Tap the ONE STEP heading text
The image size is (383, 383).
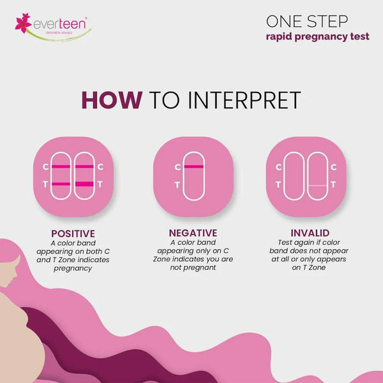coord(303,21)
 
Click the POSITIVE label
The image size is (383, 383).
coord(73,234)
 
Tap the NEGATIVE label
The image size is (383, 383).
coord(192,234)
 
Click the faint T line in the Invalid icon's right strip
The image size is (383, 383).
coord(317,185)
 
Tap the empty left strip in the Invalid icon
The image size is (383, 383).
coord(294,176)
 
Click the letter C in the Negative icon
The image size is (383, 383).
coord(177,167)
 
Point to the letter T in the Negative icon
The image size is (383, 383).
coord(177,186)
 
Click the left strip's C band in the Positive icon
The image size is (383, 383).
coord(61,167)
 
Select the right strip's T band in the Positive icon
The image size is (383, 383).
coord(84,185)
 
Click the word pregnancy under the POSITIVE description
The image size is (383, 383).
coord(73,269)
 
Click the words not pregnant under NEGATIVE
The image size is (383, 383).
coord(192,269)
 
